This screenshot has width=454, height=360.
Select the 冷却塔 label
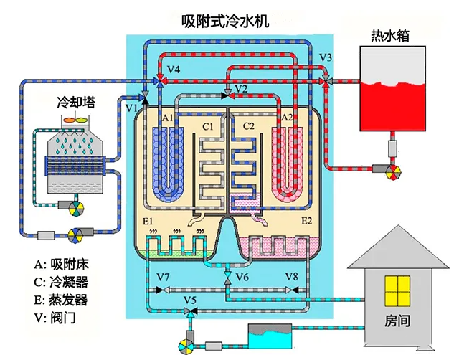(76, 102)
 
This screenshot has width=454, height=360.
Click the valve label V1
(131, 108)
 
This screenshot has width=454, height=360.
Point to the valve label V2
(240, 88)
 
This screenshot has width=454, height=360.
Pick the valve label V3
(326, 57)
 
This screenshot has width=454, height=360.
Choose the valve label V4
(174, 69)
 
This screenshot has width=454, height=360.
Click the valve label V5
(190, 298)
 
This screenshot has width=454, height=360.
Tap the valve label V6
(242, 277)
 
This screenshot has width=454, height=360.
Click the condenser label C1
(208, 127)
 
